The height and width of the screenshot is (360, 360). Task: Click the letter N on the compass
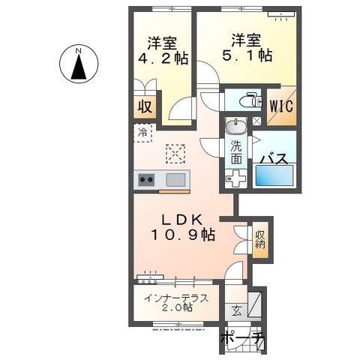[x=79, y=51]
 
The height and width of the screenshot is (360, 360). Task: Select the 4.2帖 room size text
[x=163, y=59]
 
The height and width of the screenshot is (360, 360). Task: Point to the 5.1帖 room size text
[x=247, y=55]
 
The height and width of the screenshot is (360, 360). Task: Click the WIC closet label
[x=281, y=106]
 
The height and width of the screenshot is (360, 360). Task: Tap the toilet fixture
[x=250, y=100]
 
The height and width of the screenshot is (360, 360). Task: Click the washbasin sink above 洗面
[x=235, y=126]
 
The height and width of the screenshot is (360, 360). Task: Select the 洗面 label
[x=236, y=152]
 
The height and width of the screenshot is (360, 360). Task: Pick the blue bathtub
[x=274, y=175]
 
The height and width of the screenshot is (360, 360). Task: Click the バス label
[x=274, y=159]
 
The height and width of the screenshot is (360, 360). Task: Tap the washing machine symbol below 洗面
[x=235, y=178]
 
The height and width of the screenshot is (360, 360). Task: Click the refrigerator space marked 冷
[x=142, y=133]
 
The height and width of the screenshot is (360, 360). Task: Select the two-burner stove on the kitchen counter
[x=146, y=179]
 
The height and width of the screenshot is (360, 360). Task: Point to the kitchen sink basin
[x=176, y=179]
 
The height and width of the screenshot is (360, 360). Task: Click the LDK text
[x=182, y=220]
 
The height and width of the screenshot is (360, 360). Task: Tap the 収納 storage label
[x=260, y=239]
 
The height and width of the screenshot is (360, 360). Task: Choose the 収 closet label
[x=145, y=107]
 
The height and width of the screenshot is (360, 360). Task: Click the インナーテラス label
[x=176, y=298]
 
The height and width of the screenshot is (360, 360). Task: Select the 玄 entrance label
[x=237, y=311]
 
